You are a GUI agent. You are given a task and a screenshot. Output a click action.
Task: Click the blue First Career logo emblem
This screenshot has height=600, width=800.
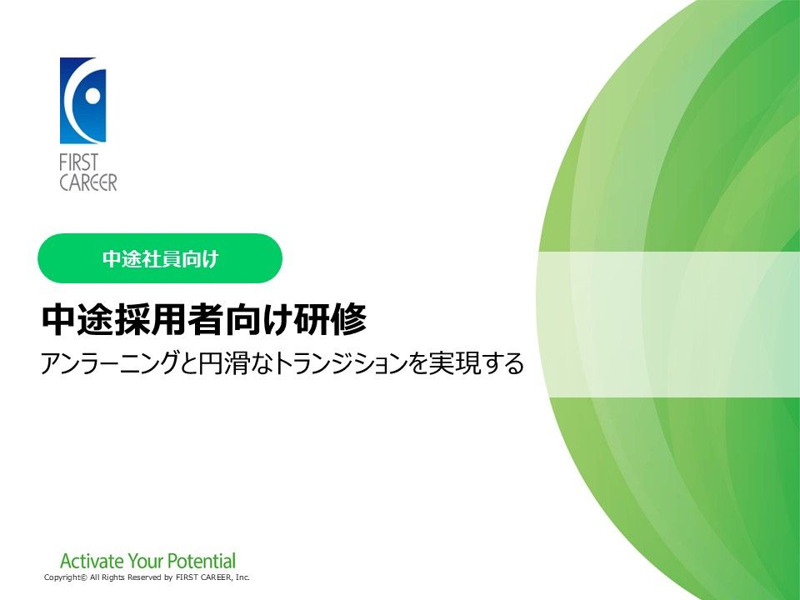82,101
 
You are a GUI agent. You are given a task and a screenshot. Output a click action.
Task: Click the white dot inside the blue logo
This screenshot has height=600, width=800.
93,95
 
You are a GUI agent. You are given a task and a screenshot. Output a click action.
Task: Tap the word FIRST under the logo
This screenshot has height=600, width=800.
78,162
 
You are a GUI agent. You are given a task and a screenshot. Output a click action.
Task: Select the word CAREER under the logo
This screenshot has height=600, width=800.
88,182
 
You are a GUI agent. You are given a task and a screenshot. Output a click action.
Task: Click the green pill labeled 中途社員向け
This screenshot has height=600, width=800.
160,258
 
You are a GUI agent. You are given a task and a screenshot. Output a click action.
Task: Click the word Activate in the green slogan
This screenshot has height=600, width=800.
92,561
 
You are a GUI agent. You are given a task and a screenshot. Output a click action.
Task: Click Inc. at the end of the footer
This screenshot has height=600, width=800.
242,577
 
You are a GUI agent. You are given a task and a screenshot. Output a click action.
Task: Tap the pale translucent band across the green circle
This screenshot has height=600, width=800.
668,324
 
